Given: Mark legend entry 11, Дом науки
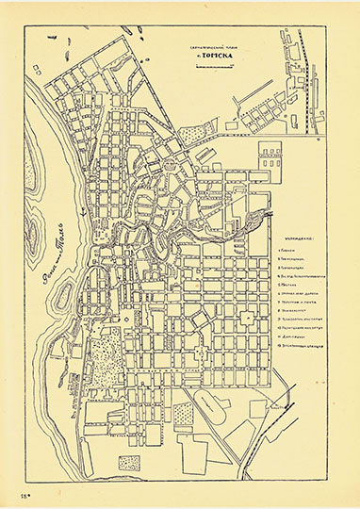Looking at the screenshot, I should click(302, 353).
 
